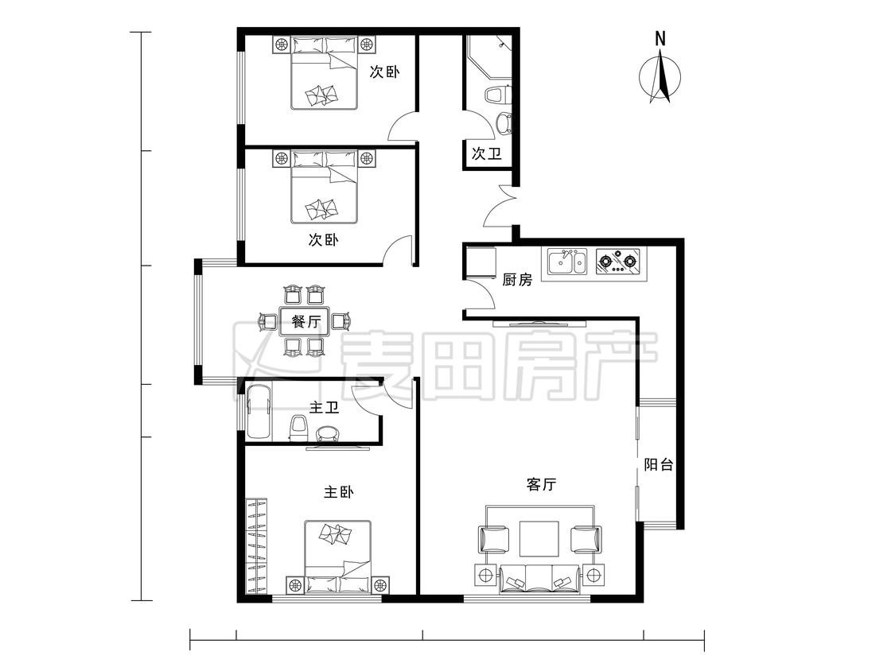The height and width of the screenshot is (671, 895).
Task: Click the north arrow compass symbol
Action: coord(660,77)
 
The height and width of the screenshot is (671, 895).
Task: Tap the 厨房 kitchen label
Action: coord(517,280)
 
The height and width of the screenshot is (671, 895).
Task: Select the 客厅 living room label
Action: coord(541,484)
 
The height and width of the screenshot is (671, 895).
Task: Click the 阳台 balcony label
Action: coord(659,464)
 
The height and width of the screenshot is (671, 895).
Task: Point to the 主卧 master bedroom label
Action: coord(338,491)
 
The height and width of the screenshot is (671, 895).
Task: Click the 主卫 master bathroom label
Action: coord(325,407)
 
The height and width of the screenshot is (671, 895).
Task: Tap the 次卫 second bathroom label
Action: coord(486,153)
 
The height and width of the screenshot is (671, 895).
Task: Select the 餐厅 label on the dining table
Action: coord(306,321)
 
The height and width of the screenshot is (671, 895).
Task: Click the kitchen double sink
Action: coord(566,262)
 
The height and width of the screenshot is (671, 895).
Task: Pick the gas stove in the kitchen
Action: coord(618,262)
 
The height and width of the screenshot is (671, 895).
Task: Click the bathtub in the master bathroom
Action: coord(259,411)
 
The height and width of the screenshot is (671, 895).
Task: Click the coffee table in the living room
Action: coord(539,538)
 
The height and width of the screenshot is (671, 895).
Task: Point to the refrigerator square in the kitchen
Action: coord(480,262)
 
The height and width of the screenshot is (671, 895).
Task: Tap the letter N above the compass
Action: coord(660,39)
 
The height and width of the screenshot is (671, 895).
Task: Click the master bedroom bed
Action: coord(338,557)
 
